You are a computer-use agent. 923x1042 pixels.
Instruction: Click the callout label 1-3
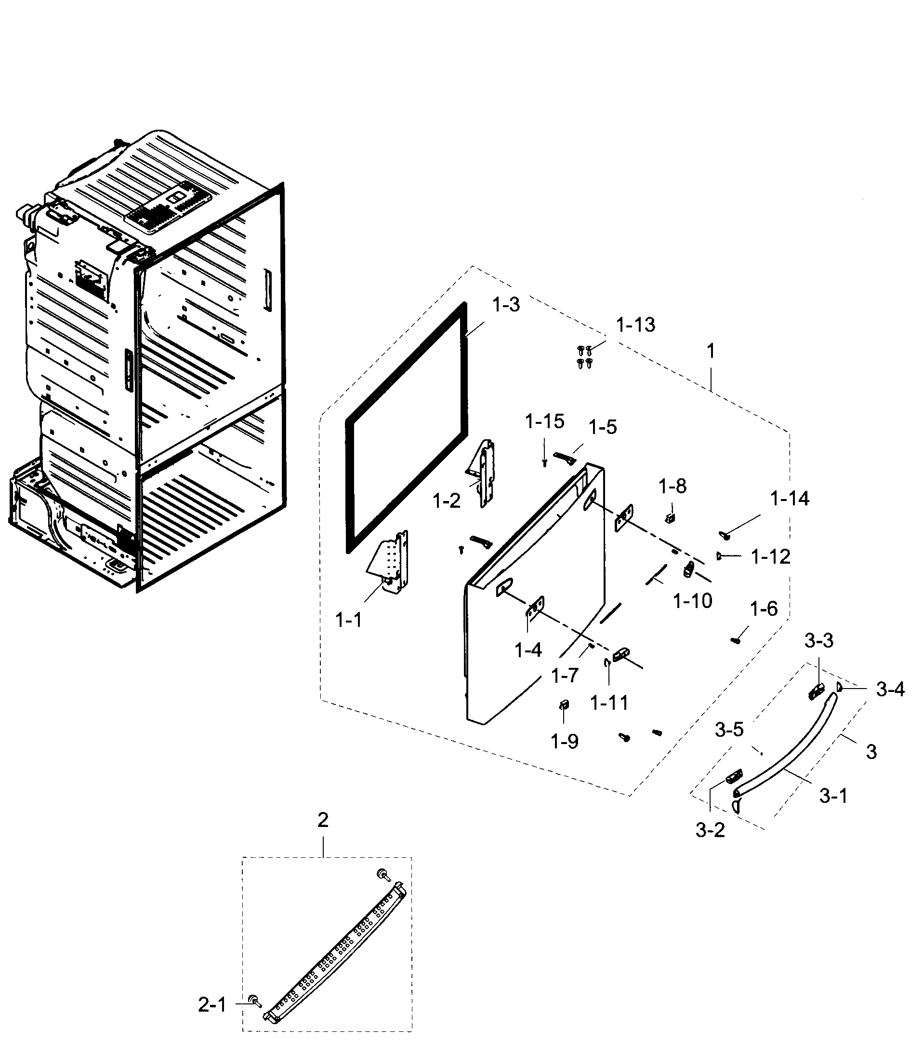pyautogui.click(x=506, y=305)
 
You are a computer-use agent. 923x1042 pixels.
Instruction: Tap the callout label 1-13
pyautogui.click(x=635, y=325)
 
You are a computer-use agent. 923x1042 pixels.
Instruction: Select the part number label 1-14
pyautogui.click(x=789, y=499)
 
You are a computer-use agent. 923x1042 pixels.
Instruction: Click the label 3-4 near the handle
pyautogui.click(x=890, y=690)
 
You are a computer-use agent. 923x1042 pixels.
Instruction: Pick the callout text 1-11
pyautogui.click(x=609, y=704)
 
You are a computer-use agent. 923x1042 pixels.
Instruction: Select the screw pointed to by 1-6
pyautogui.click(x=735, y=640)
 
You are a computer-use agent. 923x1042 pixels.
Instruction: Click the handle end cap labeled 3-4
pyautogui.click(x=839, y=686)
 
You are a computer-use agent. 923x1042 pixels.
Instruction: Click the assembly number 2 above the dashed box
pyautogui.click(x=323, y=820)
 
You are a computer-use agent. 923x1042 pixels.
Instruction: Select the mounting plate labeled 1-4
pyautogui.click(x=535, y=607)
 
